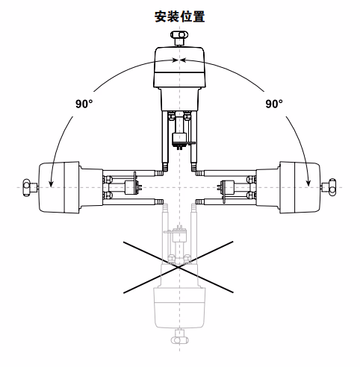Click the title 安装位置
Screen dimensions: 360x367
point(180,16)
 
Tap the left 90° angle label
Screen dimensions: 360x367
point(84,104)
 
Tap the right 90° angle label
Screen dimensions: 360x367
point(274,104)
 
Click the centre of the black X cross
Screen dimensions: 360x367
point(179,267)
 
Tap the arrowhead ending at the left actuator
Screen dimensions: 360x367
point(51,183)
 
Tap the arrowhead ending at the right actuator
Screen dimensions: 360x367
point(308,183)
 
